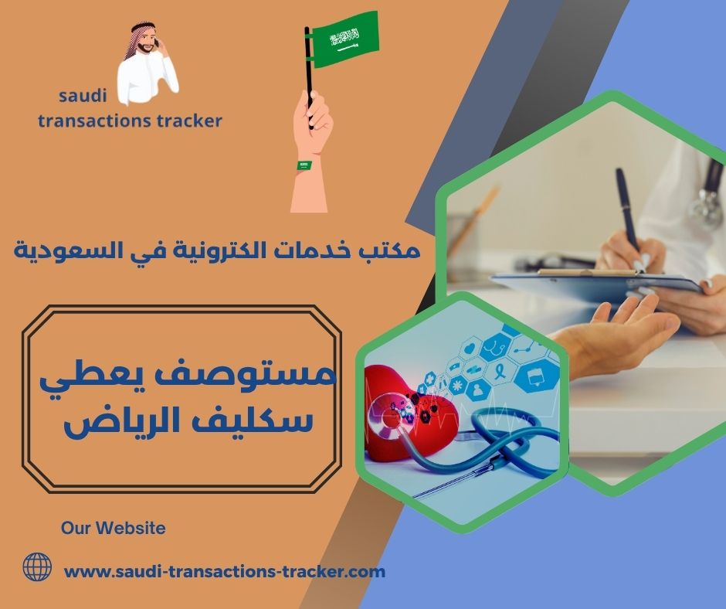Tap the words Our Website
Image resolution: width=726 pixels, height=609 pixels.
113,529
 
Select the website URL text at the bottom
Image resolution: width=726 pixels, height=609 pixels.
224,572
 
